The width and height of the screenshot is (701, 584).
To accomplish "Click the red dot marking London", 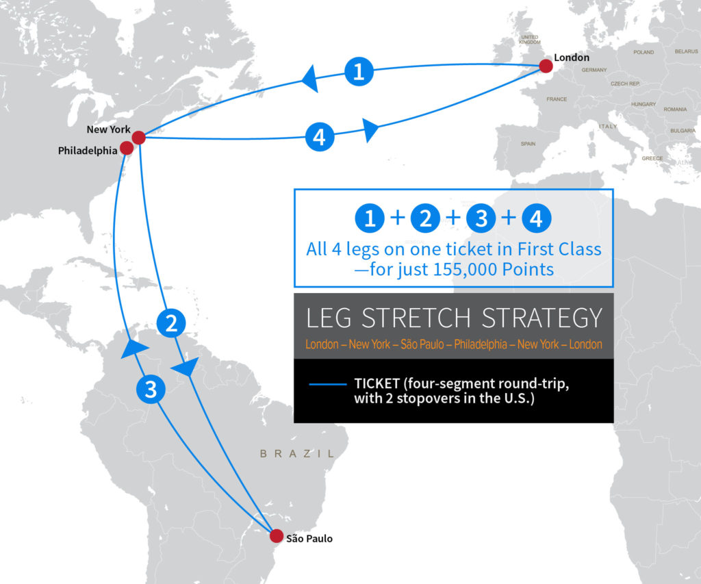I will [x=546, y=66].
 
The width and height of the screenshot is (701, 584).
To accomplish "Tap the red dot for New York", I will [x=138, y=138].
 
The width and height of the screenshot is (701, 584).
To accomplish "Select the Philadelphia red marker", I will [x=127, y=148].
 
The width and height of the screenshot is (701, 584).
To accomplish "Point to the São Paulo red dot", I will [x=276, y=535].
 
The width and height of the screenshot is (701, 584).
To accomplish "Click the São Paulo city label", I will [x=309, y=539].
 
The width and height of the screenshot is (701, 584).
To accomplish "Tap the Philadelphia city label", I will [x=88, y=151].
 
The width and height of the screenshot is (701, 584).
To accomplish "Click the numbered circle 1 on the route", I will [x=358, y=71].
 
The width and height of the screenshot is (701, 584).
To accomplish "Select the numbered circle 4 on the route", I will [x=319, y=137].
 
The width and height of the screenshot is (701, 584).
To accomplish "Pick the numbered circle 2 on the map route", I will [x=171, y=323].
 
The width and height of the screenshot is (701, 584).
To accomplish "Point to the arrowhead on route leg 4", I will [x=370, y=129].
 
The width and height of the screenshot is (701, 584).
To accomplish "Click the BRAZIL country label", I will [x=297, y=453].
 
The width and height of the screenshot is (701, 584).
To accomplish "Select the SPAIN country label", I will [x=528, y=144].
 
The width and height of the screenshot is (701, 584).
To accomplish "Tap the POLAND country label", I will [x=643, y=52].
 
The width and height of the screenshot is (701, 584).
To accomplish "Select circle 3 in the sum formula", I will [x=481, y=219].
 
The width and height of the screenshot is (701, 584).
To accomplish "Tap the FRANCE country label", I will [x=557, y=99].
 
